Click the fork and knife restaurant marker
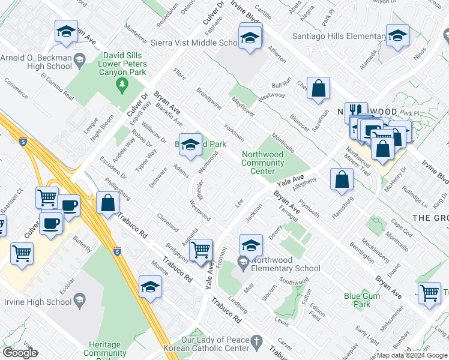[357, 110]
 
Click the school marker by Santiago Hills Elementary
[397, 36]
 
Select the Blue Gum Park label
[362, 300]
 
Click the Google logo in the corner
[20, 353]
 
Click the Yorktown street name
[234, 130]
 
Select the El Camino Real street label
[57, 86]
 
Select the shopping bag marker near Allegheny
[342, 179]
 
